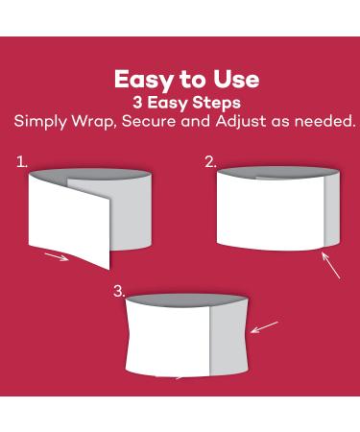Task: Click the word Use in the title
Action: pos(236,79)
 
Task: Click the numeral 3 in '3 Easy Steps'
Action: pos(137,103)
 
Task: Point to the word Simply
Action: pos(40,122)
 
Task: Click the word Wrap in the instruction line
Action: pos(93,122)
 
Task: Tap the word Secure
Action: pos(149,121)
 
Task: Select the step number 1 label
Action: pos(22,162)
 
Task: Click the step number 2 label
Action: pos(211,162)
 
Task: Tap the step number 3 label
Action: pos(119,291)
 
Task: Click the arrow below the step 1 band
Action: pos(57,256)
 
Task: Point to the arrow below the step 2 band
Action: pos(330,265)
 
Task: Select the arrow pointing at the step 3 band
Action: pos(264,327)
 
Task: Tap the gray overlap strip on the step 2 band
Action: pos(331,210)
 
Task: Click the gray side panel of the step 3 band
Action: pos(228,338)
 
